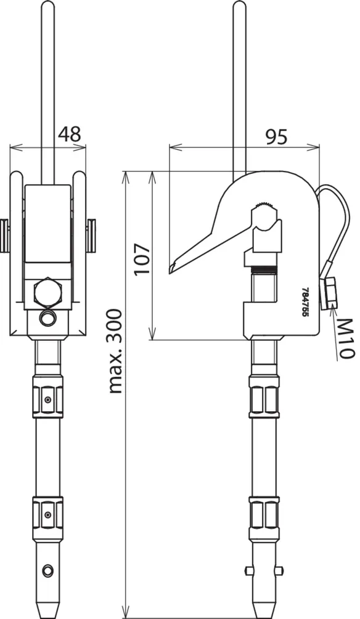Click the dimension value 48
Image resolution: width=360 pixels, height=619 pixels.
pos(70,134)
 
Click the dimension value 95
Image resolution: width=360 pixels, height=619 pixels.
pos(276,137)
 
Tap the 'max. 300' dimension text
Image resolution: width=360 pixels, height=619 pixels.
pos(115,352)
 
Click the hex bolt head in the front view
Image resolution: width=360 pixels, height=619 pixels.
pos(47,292)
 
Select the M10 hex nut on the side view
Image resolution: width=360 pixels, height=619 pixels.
pos(329,292)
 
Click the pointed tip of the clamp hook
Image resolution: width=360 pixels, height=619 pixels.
pos(170,272)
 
